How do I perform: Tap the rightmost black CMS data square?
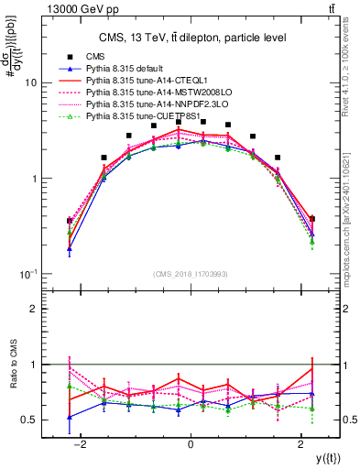click(312, 219)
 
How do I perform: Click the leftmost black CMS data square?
click(70, 221)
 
